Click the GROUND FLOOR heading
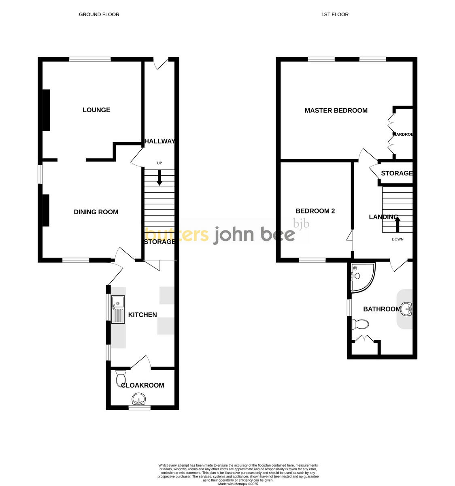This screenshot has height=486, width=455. pyautogui.click(x=99, y=15)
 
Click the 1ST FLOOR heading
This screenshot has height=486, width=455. pyautogui.click(x=335, y=15)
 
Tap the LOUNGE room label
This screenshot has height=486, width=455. pyautogui.click(x=96, y=110)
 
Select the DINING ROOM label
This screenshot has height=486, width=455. pyautogui.click(x=96, y=212)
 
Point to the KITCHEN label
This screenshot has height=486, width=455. pyautogui.click(x=142, y=315)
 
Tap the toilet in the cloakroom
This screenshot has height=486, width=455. pyautogui.click(x=121, y=378)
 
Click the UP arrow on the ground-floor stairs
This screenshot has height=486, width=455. pyautogui.click(x=159, y=177)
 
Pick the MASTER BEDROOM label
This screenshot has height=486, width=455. pyautogui.click(x=336, y=110)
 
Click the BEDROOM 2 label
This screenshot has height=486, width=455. pyautogui.click(x=315, y=211)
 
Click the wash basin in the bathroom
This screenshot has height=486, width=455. pyautogui.click(x=406, y=309)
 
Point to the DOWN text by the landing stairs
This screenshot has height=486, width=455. pyautogui.click(x=398, y=239)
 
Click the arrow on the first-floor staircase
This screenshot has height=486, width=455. pyautogui.click(x=398, y=224)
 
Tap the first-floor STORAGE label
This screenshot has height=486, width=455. pyautogui.click(x=396, y=173)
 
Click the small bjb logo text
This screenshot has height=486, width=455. pyautogui.click(x=301, y=223)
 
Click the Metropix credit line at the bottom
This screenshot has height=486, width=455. pyautogui.click(x=238, y=484)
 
